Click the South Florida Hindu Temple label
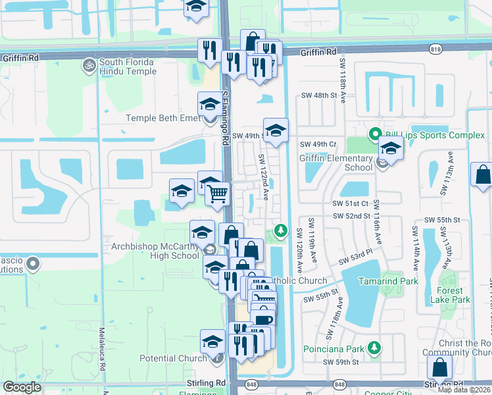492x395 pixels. (x=127, y=66)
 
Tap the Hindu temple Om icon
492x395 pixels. (x=87, y=66)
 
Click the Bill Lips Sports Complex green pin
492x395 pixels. (x=375, y=136)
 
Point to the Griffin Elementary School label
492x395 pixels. (x=335, y=163)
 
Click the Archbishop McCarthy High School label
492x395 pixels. (x=151, y=251)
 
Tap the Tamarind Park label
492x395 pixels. (x=388, y=281)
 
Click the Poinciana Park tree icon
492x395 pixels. (x=374, y=347)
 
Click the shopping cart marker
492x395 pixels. (x=218, y=193)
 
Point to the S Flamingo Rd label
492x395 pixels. (x=225, y=118)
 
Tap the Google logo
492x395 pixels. (x=22, y=387)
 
